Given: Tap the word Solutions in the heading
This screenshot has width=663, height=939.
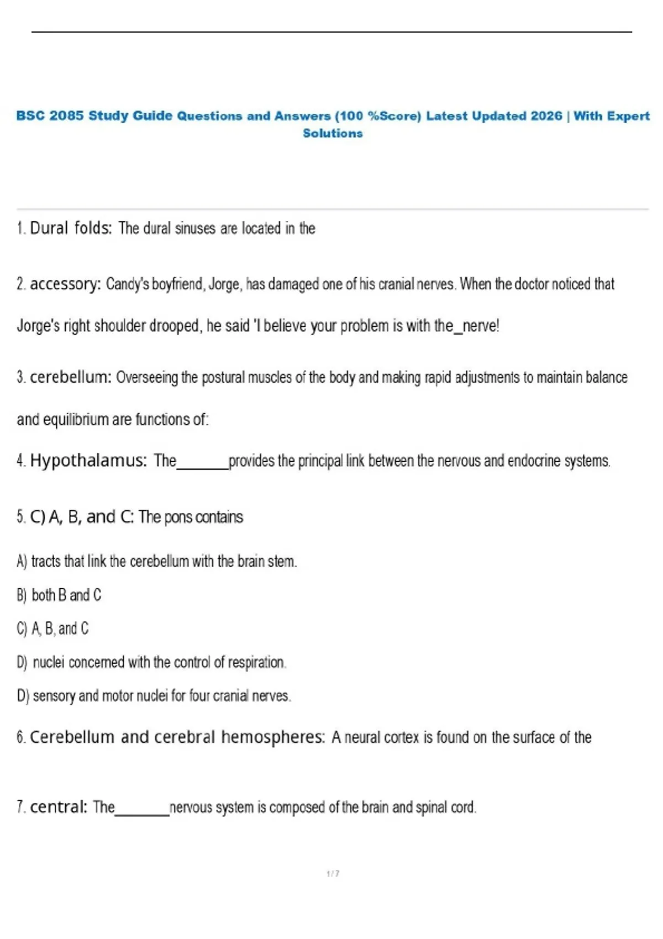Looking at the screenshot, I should (333, 133).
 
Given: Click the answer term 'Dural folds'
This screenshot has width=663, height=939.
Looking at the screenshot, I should (71, 228).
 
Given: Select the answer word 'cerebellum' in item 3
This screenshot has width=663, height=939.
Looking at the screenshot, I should (71, 377).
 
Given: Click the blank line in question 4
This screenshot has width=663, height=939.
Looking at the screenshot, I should (202, 467).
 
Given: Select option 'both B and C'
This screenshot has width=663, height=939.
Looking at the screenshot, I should (66, 595).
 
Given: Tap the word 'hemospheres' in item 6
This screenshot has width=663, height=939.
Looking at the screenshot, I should (273, 737).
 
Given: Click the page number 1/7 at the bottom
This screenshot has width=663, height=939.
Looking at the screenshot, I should (333, 873).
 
